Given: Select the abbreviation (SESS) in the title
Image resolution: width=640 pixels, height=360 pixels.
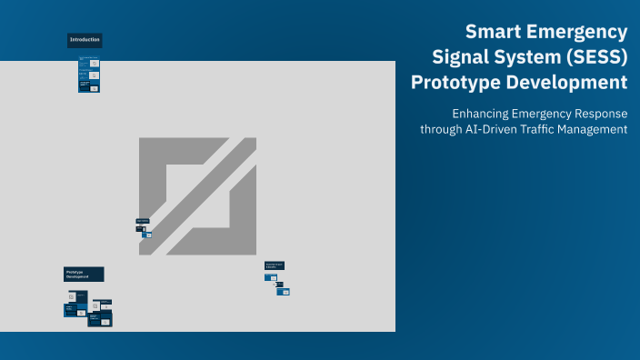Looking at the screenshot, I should (590, 57).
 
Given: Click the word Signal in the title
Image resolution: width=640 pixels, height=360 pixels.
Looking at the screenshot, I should (457, 57).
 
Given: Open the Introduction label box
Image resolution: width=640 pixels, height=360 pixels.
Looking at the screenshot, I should (85, 40).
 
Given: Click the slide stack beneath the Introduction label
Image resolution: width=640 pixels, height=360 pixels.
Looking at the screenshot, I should (88, 75).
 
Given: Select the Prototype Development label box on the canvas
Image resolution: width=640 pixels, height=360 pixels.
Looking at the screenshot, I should (84, 274).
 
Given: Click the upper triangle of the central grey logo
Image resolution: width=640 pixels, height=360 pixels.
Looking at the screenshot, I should (164, 168).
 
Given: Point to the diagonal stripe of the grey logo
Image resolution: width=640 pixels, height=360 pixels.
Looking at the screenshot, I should (197, 196).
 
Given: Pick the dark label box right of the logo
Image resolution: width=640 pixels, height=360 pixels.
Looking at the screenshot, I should (274, 265).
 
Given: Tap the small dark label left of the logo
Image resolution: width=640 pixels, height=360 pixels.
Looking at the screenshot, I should (142, 221).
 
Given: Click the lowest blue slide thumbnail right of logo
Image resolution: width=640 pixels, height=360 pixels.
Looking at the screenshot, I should (284, 292).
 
